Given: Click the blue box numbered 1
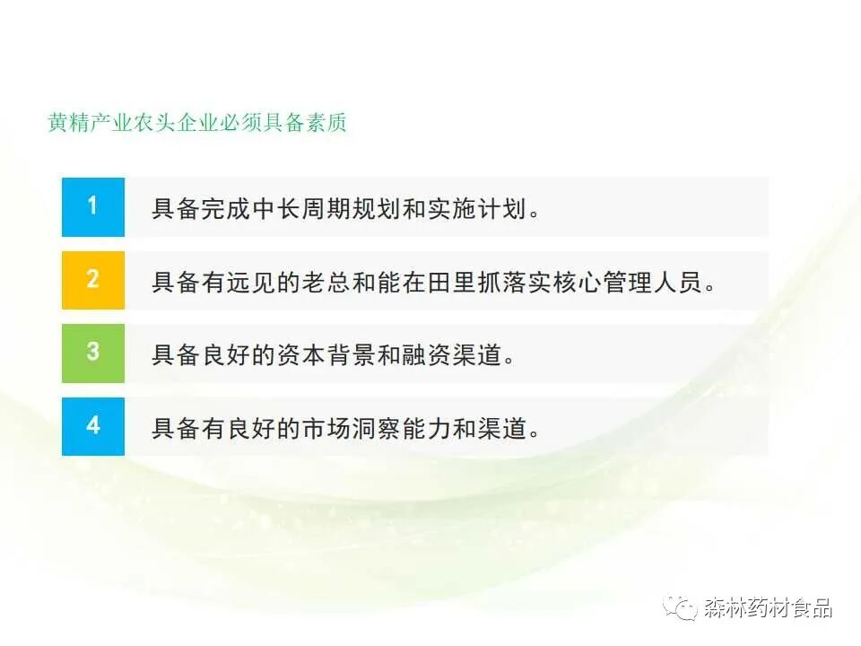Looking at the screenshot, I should [93, 206].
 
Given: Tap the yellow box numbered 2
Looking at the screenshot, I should [93, 280].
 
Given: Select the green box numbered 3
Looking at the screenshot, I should [93, 352].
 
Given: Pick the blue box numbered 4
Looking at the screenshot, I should [93, 425].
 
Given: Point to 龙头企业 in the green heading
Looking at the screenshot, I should [175, 123].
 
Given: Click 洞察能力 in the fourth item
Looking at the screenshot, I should [406, 428].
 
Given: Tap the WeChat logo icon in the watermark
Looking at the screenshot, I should [681, 607].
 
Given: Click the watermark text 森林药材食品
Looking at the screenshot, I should [768, 607].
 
